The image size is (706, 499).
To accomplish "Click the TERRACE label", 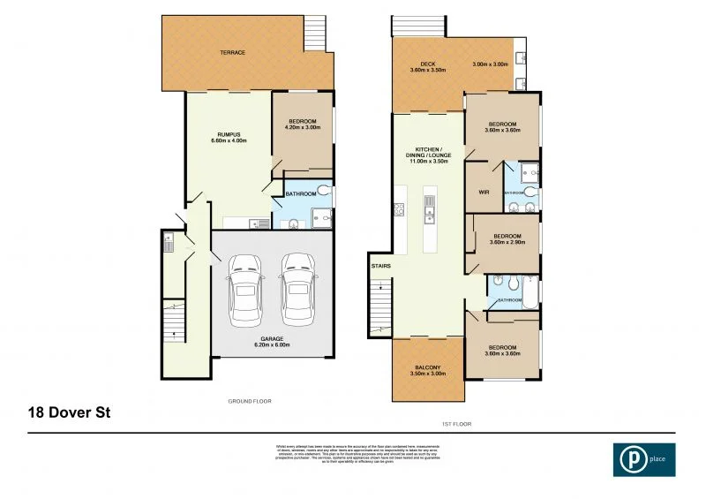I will click(x=233, y=53).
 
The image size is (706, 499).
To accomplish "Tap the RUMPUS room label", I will click(x=226, y=137).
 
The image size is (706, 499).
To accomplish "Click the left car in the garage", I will click(x=244, y=286).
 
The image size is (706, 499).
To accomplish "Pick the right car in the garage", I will click(x=298, y=286).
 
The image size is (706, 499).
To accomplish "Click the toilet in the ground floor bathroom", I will click(x=324, y=190).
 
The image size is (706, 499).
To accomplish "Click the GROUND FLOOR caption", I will click(x=250, y=401).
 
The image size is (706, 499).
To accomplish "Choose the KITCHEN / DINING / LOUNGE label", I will click(x=428, y=155).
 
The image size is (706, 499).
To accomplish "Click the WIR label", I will click(x=484, y=191).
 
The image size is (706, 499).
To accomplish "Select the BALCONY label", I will click(x=426, y=371).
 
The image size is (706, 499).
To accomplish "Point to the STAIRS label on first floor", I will click(x=381, y=265).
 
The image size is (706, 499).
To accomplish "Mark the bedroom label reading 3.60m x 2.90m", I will click(x=507, y=239).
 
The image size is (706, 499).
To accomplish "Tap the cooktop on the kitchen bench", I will click(x=398, y=208).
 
